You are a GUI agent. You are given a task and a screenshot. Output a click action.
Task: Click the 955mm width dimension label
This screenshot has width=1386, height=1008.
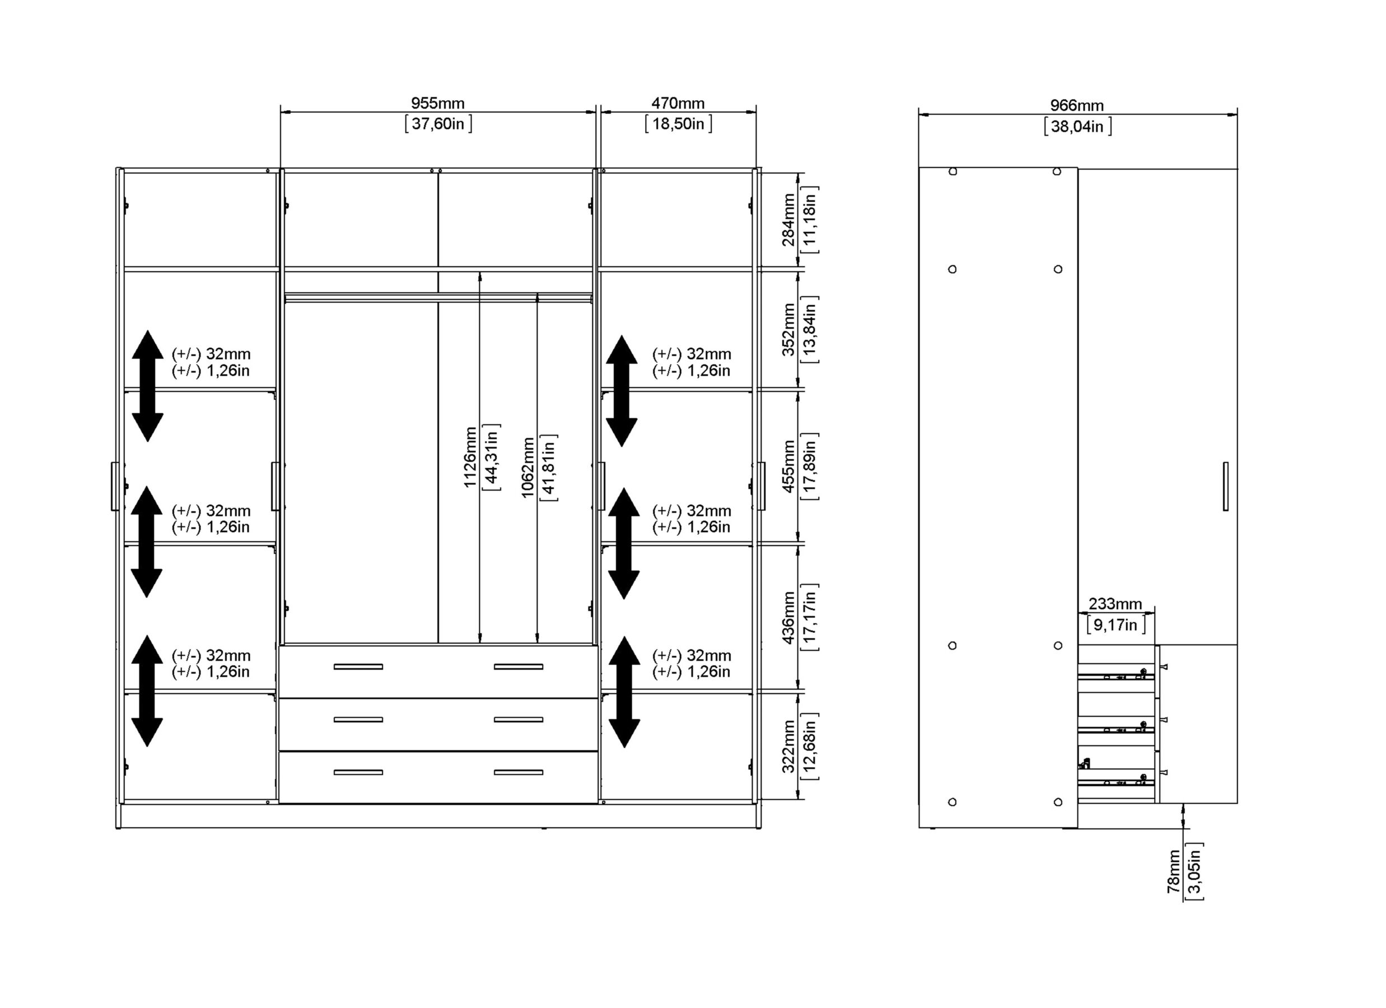[437, 103]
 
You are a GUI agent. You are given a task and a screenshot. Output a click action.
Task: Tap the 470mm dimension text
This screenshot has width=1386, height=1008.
[678, 103]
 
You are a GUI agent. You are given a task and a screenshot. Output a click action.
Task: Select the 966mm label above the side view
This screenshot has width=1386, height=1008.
[1077, 105]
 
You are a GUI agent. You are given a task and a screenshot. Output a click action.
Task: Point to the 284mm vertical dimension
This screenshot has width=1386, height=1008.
[788, 220]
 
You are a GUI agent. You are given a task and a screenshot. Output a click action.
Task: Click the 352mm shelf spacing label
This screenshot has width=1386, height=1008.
[788, 329]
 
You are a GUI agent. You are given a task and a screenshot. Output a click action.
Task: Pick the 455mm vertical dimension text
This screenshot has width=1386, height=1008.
[788, 466]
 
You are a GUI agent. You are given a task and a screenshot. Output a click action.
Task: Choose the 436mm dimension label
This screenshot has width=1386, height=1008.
[788, 618]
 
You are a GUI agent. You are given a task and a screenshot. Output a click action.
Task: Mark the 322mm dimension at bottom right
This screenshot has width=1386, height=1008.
[788, 746]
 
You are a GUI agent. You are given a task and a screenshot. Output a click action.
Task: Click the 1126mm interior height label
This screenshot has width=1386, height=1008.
[469, 457]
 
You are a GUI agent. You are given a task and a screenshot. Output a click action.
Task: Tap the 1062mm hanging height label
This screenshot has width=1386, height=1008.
[528, 468]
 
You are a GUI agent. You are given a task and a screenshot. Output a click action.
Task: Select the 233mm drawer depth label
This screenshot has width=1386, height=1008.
[1116, 604]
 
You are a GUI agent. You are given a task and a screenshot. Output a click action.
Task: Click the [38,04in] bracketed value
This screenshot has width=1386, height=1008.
[1077, 127]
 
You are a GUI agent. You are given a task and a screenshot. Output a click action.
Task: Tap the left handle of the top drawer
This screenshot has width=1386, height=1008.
[358, 667]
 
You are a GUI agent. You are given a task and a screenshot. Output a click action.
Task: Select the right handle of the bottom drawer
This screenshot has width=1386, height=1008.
[518, 773]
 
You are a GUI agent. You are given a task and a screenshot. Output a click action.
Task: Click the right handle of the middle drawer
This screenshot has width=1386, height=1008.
[518, 720]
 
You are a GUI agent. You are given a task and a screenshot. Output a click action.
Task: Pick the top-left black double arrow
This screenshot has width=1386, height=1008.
[147, 386]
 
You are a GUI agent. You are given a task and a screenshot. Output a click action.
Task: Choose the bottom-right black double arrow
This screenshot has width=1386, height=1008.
[624, 692]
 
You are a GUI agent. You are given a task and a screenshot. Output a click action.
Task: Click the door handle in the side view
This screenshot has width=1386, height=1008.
[1226, 486]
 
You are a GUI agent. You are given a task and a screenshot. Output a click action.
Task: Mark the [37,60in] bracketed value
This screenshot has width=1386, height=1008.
[438, 124]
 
